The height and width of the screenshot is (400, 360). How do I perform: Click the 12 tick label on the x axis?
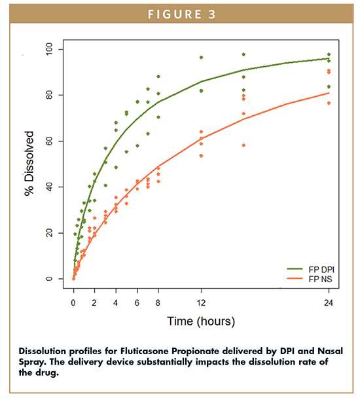[x=201, y=302]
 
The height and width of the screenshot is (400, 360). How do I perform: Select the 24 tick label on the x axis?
[x=329, y=302]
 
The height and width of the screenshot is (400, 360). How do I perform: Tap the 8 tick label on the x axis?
[x=158, y=302]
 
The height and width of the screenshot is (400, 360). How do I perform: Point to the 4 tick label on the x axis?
[x=116, y=302]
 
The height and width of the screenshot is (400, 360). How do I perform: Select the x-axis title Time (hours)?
[x=201, y=321]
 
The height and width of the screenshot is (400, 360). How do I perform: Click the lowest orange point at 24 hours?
[x=329, y=103]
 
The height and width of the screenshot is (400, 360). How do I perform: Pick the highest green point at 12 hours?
[x=201, y=58]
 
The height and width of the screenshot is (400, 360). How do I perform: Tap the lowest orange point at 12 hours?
[x=201, y=156]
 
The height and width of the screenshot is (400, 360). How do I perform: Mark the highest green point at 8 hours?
[x=158, y=77]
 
